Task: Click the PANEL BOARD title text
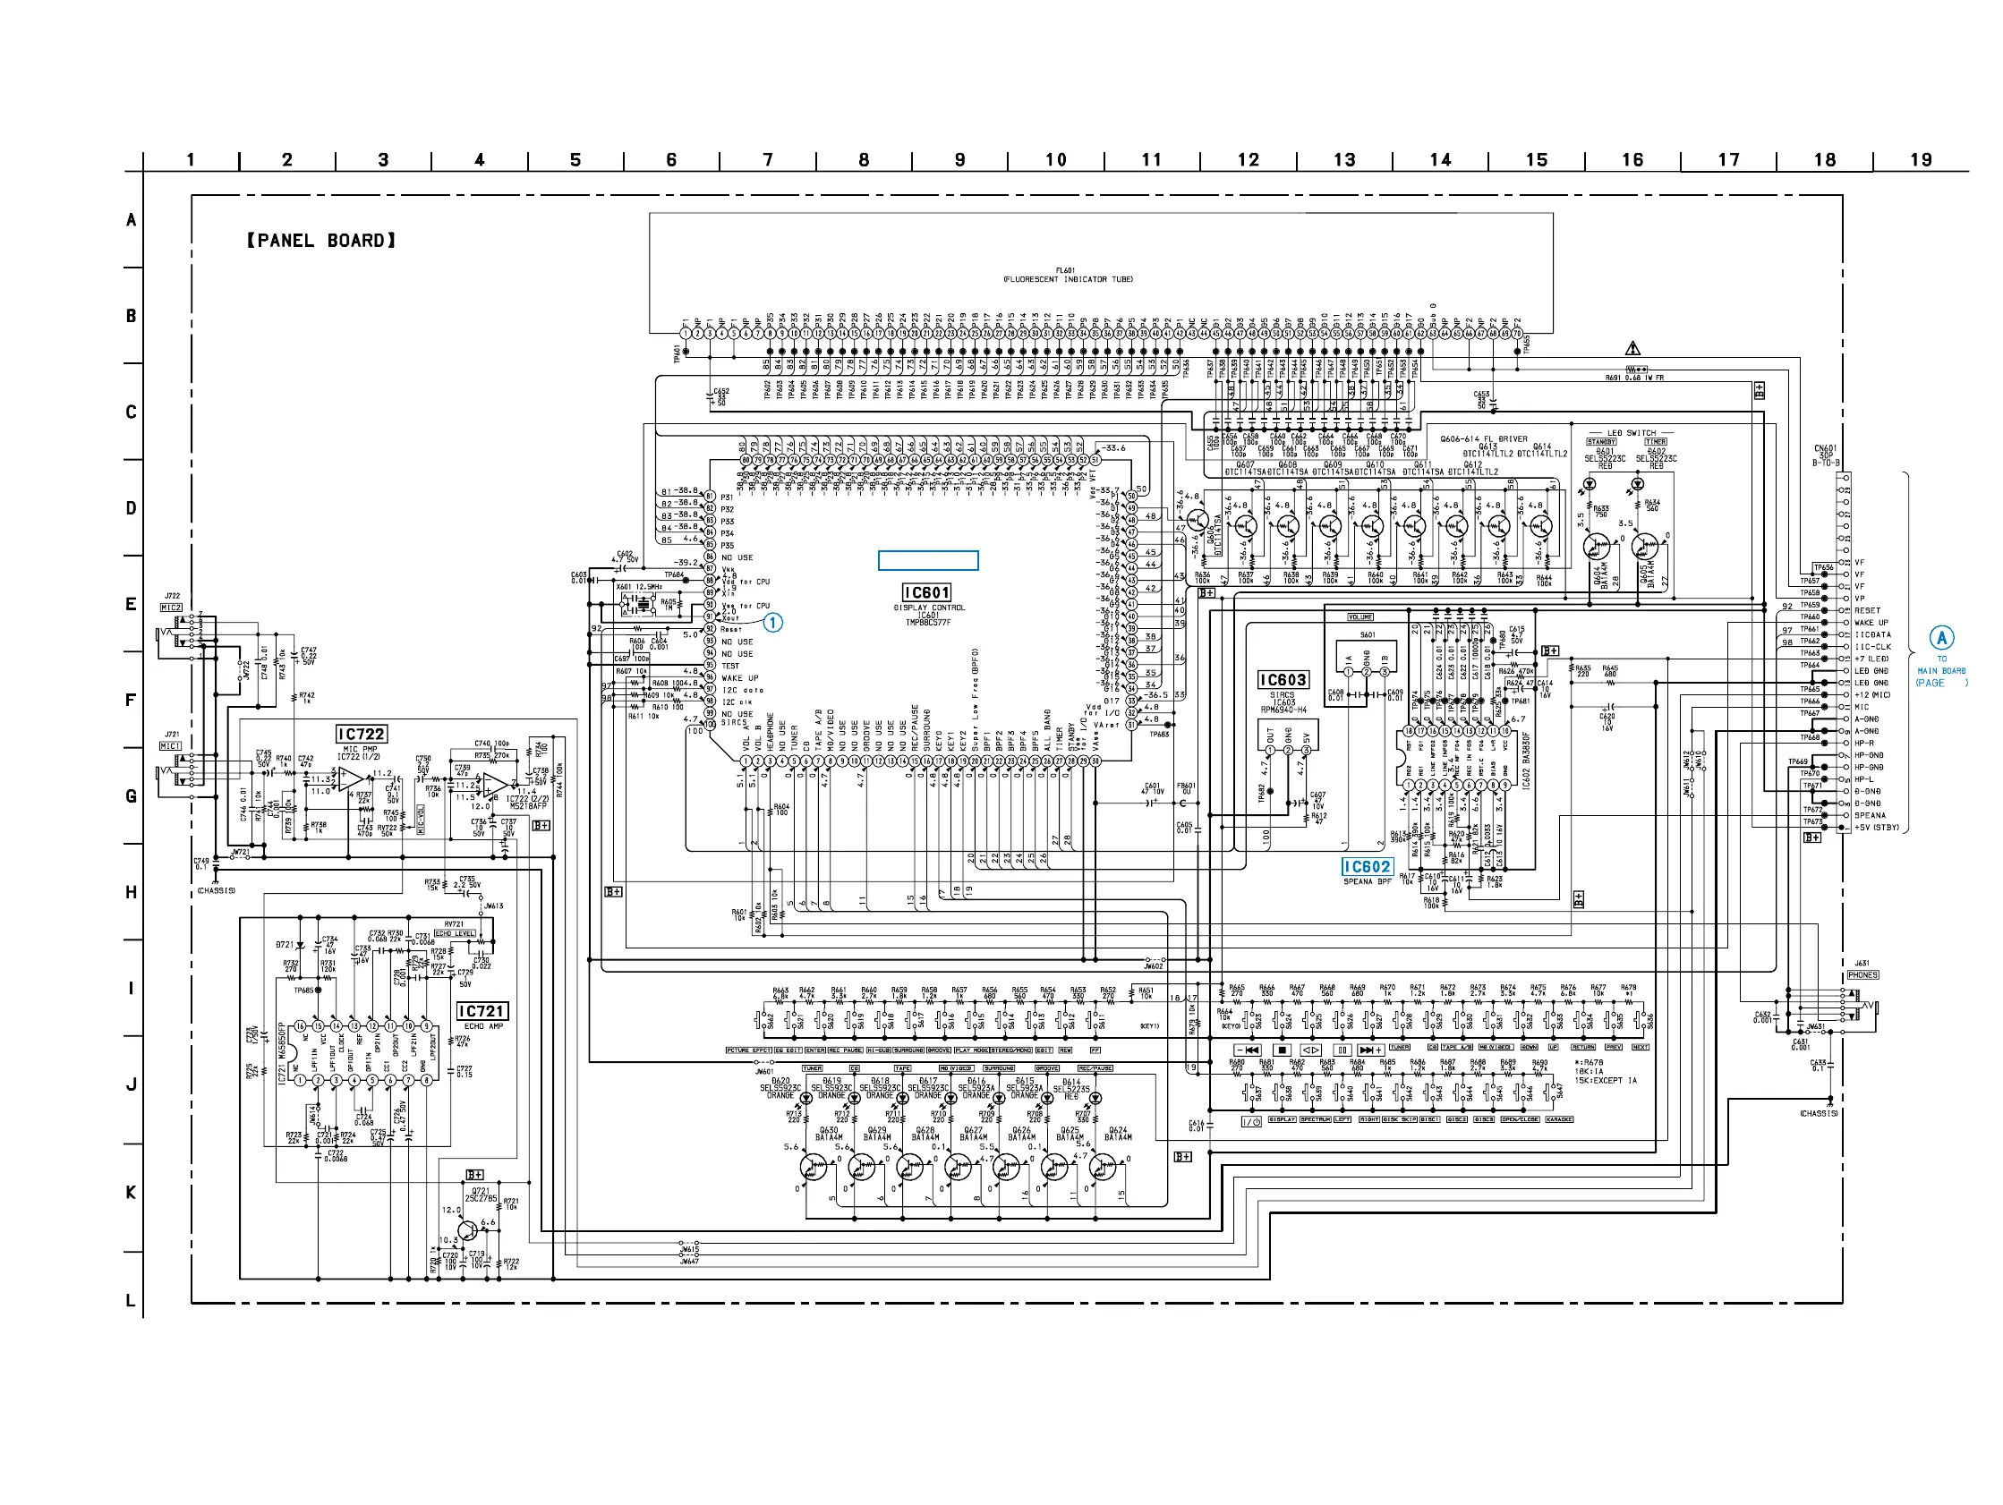click(x=321, y=241)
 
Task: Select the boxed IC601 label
click(x=926, y=592)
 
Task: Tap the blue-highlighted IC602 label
click(x=1367, y=867)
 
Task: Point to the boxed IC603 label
click(x=1283, y=679)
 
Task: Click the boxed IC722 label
click(x=361, y=734)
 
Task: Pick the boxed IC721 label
click(x=481, y=1010)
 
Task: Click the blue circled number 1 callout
click(x=772, y=623)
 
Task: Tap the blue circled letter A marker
click(x=1940, y=637)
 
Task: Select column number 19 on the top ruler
click(x=1921, y=160)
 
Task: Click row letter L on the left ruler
click(x=131, y=1300)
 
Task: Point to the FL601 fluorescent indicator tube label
click(x=1068, y=275)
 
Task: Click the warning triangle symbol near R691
click(x=1632, y=349)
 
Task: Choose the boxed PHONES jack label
click(x=1862, y=975)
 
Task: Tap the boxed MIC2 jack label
click(x=171, y=608)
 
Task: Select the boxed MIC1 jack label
click(x=170, y=745)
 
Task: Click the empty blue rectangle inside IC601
click(x=928, y=560)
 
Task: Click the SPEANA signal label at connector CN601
click(x=1870, y=815)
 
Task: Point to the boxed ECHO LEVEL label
click(x=455, y=932)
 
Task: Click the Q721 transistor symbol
click(x=468, y=1230)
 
